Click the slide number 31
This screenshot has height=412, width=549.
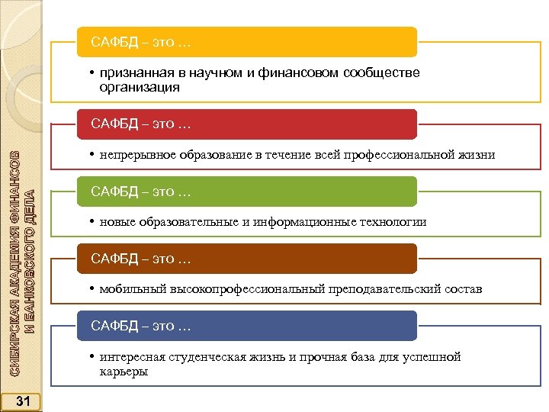(x=22, y=401)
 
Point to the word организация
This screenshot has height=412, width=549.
(x=140, y=88)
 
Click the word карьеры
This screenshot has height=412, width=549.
(x=124, y=372)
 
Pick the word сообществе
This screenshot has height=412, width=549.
(x=381, y=73)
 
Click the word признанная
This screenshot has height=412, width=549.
(x=134, y=73)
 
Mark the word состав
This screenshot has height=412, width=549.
(x=464, y=289)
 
